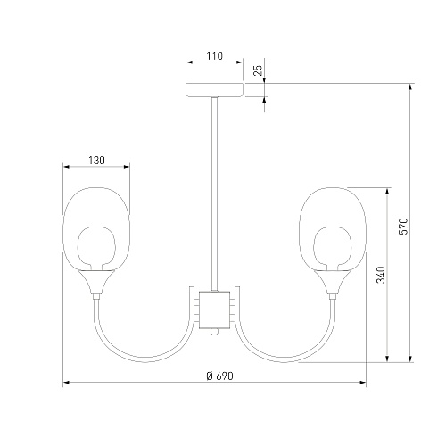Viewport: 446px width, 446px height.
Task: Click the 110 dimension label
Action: click(x=215, y=55)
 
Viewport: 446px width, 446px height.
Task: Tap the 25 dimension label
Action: click(x=259, y=70)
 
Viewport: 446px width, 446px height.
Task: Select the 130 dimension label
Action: click(x=96, y=161)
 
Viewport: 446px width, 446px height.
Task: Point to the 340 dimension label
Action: click(x=381, y=275)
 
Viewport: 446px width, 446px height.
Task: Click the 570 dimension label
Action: click(x=403, y=227)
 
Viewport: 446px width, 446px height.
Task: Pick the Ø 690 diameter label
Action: click(x=220, y=376)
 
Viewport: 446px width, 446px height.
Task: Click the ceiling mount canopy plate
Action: click(x=215, y=90)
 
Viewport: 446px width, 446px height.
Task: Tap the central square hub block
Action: click(x=214, y=310)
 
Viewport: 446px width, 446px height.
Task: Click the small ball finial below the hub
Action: click(x=214, y=332)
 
